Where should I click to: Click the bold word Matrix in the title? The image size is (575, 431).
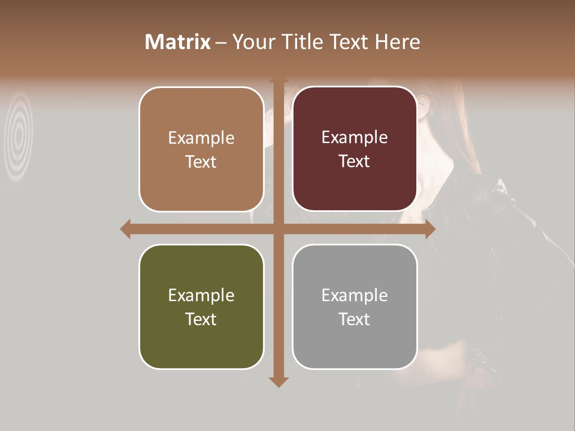178,42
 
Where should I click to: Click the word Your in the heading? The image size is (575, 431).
251,42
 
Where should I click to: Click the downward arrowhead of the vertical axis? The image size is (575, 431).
278,381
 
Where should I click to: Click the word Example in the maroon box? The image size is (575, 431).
355,138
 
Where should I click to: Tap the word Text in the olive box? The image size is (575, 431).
201,319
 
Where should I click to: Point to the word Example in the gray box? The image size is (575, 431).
355,295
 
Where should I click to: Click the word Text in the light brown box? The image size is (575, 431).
201,162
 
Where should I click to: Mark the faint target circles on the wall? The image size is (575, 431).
19,136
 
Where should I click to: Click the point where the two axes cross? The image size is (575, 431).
278,229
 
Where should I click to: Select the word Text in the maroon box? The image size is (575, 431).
355,162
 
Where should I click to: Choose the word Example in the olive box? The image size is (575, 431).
201,295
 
